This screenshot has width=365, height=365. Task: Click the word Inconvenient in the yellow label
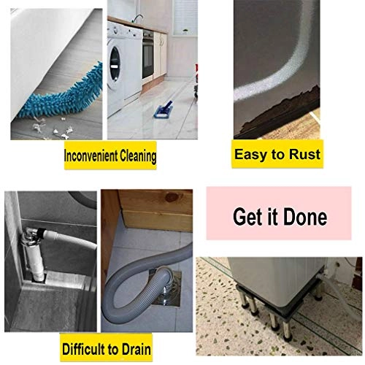[91, 155]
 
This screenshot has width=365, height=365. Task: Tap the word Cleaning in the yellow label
[138, 156]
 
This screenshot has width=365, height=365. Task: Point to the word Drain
[137, 349]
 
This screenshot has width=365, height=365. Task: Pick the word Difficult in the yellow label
[84, 349]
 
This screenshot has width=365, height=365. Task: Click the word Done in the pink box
[305, 217]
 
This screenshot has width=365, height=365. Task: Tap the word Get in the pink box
[247, 217]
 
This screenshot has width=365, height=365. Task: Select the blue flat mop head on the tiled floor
[164, 110]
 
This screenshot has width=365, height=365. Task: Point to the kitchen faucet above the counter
[137, 18]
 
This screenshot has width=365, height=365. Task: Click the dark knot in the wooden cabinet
[172, 197]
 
